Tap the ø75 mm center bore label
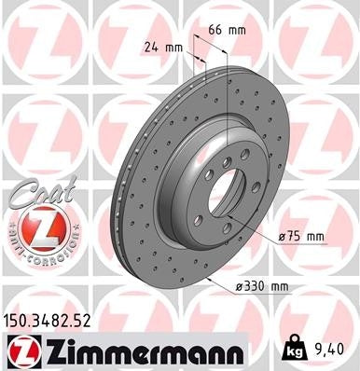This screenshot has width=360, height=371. (301, 238)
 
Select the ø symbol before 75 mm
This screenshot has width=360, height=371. (281, 238)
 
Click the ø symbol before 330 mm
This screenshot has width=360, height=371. (241, 286)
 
